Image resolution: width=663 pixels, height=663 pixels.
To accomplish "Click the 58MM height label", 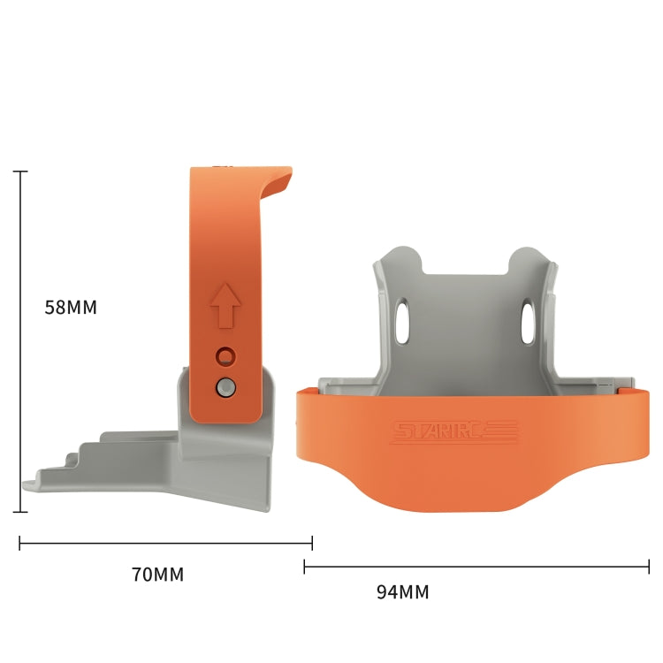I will (71, 308).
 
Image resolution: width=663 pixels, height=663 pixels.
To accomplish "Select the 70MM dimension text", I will (157, 575).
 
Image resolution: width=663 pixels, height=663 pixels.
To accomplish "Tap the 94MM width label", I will (402, 592).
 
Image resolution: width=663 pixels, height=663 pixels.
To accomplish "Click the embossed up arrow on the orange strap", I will (226, 305).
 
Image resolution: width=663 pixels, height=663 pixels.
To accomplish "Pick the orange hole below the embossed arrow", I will (226, 356).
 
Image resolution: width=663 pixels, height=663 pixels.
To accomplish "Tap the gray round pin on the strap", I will (226, 386).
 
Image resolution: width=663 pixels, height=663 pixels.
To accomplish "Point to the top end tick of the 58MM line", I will (20, 171).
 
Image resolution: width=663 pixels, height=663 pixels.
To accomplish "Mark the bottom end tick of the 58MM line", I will (20, 511).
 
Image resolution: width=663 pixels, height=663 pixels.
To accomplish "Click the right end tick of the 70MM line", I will (312, 543).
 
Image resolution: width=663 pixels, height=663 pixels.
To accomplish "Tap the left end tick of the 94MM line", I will (305, 567).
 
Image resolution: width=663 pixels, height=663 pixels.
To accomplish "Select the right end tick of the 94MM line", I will (649, 567).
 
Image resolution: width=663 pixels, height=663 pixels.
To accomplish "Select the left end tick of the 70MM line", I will (20, 543).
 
